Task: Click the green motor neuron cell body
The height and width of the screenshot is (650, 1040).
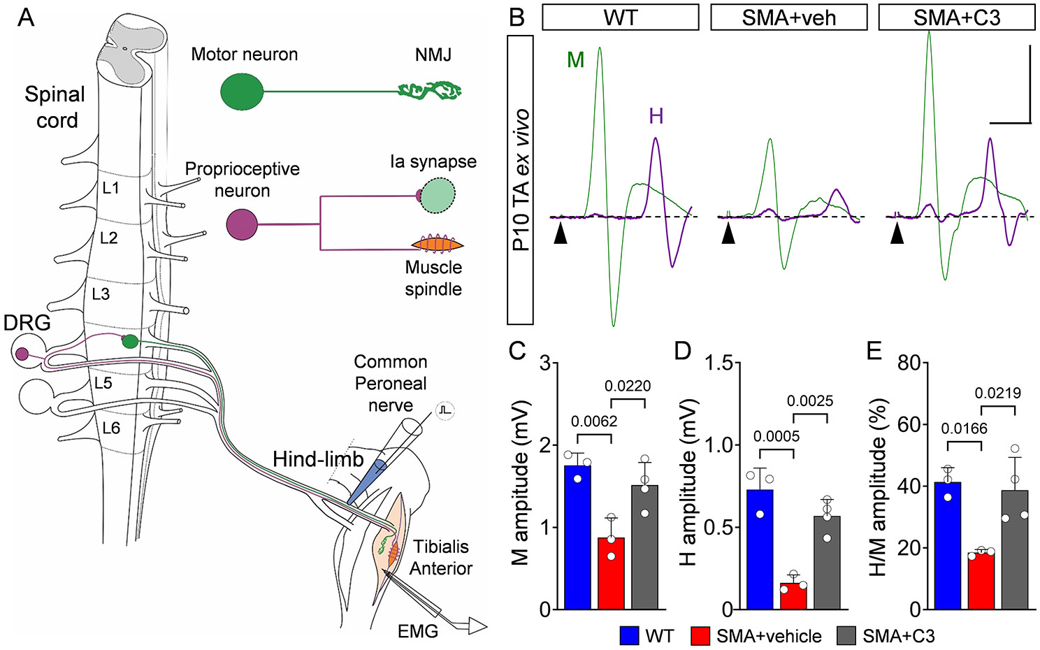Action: click(242, 92)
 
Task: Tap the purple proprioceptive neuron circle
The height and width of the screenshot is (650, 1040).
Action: click(242, 225)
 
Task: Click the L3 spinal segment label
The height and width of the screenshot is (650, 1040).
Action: click(101, 294)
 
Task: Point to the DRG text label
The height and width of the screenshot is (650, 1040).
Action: click(27, 323)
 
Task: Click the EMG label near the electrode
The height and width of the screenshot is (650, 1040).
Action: click(418, 631)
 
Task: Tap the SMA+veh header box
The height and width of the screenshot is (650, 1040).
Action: click(788, 17)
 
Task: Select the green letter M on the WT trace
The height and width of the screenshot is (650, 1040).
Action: click(576, 60)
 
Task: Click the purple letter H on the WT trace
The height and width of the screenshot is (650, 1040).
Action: click(656, 116)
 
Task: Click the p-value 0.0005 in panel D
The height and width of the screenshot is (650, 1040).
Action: click(777, 436)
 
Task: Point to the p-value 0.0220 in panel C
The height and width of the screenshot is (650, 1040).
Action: click(628, 386)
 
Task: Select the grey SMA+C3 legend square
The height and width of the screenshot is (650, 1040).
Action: click(846, 636)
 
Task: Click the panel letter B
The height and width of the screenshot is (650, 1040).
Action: click(517, 17)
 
